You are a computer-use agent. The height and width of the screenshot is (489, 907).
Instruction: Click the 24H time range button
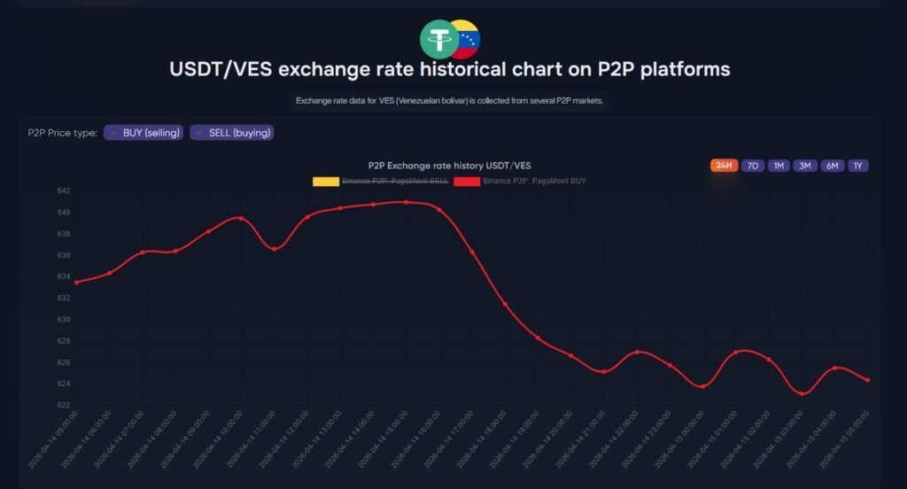tap(724, 166)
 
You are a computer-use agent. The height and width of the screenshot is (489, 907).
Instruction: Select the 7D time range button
tap(753, 166)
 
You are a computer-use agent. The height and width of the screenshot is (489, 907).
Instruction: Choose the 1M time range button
tap(779, 166)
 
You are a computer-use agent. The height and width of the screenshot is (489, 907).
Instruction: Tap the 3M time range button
tap(805, 166)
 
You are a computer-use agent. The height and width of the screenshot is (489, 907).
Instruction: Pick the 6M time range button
tap(833, 166)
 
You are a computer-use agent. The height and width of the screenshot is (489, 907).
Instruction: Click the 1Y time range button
tap(857, 166)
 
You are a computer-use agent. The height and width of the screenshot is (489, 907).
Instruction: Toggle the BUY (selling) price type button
tap(143, 133)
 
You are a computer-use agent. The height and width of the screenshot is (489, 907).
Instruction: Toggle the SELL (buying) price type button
tap(231, 133)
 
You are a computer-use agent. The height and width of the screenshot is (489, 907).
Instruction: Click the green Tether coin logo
tap(439, 39)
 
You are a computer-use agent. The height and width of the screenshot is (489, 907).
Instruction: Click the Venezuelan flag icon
tap(464, 39)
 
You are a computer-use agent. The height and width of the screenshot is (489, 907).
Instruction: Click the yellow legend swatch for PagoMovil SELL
tap(326, 181)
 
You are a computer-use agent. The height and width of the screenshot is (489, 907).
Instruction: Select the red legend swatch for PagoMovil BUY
tap(467, 181)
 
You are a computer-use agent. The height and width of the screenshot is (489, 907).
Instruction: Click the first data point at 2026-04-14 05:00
tap(76, 283)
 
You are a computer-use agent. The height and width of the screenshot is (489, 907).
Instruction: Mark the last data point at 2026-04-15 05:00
tap(867, 380)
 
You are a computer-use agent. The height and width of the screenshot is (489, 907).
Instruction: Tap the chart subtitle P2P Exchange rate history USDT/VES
tap(449, 166)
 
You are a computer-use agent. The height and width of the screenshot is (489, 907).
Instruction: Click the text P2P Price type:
tap(62, 133)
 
